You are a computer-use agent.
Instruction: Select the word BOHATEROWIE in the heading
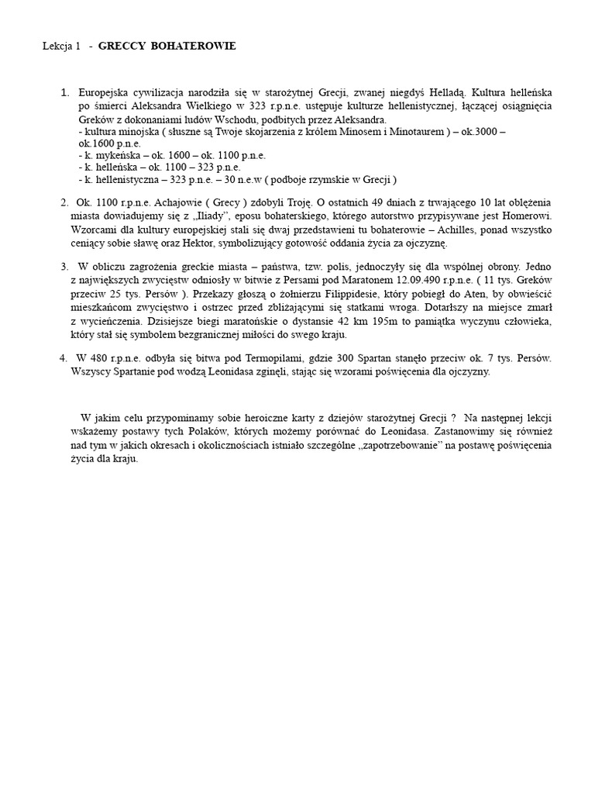[194, 47]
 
